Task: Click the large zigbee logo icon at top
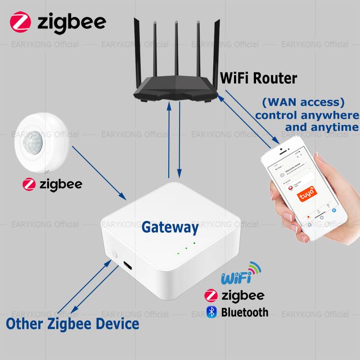22,21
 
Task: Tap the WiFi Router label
258,78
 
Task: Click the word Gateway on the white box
170,227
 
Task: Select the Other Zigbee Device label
72,323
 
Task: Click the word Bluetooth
244,312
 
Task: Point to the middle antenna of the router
176,49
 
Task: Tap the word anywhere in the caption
333,115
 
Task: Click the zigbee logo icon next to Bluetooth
211,296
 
